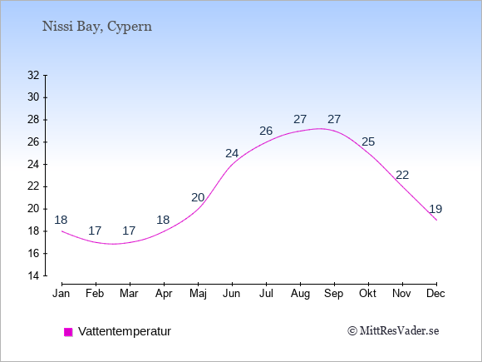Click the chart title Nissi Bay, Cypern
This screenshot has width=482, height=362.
(x=97, y=27)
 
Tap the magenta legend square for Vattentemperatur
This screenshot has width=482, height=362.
(x=68, y=332)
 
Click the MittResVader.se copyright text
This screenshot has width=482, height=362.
(x=393, y=331)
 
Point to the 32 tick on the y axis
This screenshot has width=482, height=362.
(x=33, y=75)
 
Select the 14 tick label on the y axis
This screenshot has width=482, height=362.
(x=33, y=275)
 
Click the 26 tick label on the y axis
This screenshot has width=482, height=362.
(x=33, y=142)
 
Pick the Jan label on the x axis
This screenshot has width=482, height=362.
(x=61, y=294)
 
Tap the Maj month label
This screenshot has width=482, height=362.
(x=198, y=294)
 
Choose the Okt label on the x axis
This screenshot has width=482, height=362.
(x=367, y=294)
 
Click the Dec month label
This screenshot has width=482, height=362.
(x=435, y=294)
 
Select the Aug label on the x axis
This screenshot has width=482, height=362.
(x=300, y=294)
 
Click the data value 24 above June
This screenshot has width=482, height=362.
(x=232, y=153)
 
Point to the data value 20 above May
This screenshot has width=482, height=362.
(x=198, y=197)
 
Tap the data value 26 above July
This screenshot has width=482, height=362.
(x=266, y=131)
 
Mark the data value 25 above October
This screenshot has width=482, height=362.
(x=368, y=141)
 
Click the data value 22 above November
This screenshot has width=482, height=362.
(x=402, y=175)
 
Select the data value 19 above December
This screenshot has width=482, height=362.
(x=435, y=209)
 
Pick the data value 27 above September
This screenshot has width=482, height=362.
(x=334, y=119)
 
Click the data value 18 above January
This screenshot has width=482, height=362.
(x=61, y=220)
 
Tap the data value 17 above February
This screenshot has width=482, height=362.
(x=95, y=231)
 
